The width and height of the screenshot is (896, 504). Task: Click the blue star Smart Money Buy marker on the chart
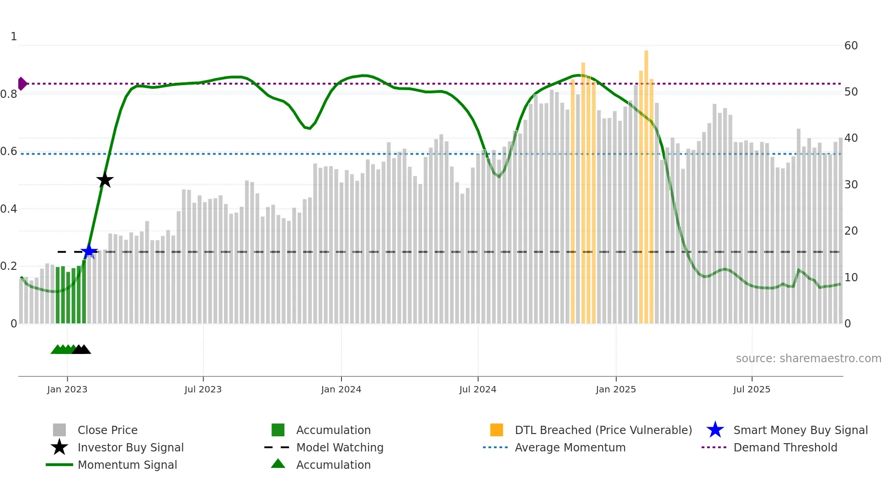(89, 252)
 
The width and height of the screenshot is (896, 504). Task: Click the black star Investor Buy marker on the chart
(105, 180)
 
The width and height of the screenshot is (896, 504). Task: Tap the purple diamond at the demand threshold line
(22, 84)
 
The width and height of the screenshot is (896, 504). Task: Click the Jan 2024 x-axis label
(341, 389)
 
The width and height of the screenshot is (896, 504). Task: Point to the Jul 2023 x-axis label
(203, 389)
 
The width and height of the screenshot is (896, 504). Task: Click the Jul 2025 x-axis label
(752, 389)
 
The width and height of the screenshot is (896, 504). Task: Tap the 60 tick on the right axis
(851, 46)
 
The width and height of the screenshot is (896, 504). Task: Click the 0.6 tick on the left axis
(9, 151)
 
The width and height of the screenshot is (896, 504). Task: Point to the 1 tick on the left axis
(14, 37)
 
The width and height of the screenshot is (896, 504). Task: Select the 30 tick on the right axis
(851, 185)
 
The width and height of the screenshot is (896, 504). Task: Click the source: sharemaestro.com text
(808, 359)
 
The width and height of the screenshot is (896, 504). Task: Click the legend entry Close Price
(107, 430)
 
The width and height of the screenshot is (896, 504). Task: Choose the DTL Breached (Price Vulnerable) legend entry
(603, 430)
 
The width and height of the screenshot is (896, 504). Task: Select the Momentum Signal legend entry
(127, 465)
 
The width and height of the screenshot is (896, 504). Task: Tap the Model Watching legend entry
(340, 447)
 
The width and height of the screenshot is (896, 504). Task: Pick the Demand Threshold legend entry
(785, 447)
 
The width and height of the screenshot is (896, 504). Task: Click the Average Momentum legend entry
(570, 447)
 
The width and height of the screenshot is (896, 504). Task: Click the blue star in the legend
(715, 430)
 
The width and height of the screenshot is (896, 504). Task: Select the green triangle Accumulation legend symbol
(278, 464)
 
